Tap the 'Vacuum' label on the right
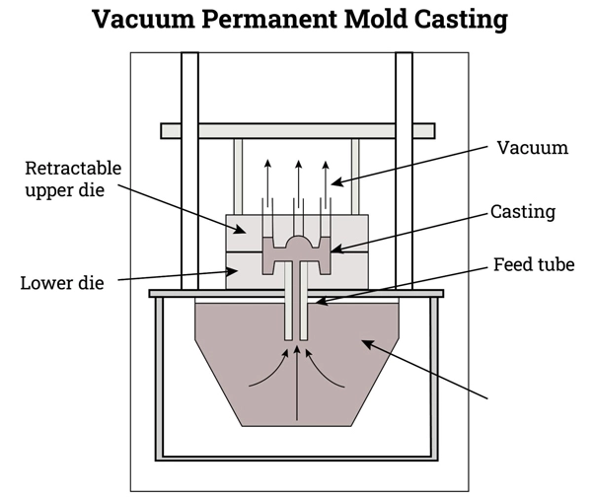click(532, 148)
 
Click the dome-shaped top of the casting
click(298, 243)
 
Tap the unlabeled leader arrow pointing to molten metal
click(424, 369)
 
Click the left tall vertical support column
click(189, 168)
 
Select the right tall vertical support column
click(404, 168)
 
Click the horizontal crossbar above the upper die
click(298, 130)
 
